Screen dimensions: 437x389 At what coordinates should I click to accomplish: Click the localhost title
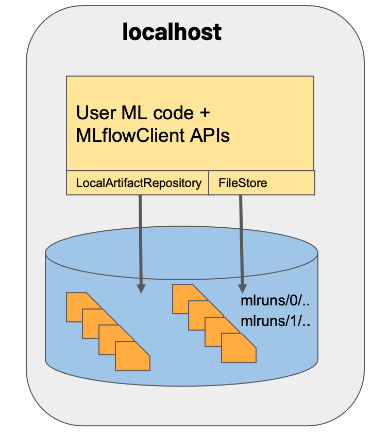pos(172,32)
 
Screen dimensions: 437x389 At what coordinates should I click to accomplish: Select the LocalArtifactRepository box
pos(138,183)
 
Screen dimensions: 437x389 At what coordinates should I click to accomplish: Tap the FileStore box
pos(261,183)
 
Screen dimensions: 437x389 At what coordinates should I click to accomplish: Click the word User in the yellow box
pos(93,113)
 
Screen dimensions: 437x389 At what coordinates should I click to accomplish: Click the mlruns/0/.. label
pos(275,301)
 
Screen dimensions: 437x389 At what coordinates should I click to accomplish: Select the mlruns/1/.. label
pos(275,322)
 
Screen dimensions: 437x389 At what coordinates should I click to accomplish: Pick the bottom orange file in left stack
pos(133,356)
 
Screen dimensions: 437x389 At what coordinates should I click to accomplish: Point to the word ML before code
pos(129,113)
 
